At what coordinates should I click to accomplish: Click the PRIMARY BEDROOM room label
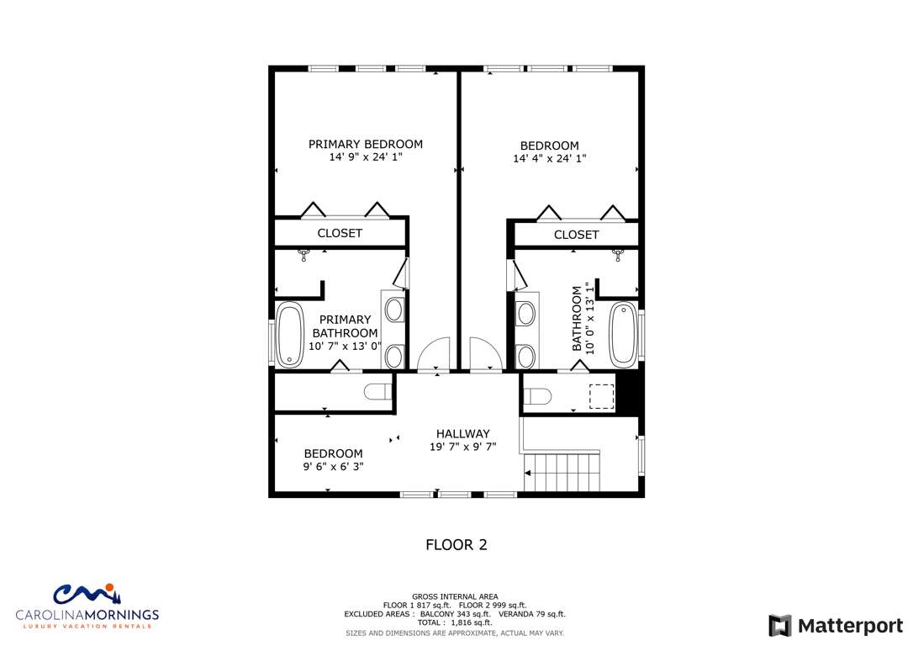(365, 144)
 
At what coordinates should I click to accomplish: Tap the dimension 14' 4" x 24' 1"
(549, 158)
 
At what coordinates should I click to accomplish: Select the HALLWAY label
(463, 433)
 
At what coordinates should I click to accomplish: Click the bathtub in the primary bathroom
(289, 335)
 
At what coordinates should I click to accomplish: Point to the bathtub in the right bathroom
(624, 335)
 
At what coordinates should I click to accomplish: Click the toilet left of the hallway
(378, 392)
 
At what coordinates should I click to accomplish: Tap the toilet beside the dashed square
(537, 396)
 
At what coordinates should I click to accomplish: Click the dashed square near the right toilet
(601, 396)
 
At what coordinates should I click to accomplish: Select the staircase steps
(562, 473)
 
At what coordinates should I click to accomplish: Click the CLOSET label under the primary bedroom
(340, 233)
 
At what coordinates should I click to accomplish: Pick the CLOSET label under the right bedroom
(576, 235)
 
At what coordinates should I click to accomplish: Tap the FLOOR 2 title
(456, 545)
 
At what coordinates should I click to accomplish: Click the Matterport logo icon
(780, 626)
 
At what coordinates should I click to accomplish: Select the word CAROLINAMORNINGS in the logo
(87, 615)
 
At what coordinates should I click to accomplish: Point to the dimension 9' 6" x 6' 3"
(333, 467)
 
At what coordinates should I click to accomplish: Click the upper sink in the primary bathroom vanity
(394, 310)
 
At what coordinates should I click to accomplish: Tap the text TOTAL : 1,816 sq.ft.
(455, 622)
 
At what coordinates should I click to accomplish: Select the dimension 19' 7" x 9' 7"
(463, 447)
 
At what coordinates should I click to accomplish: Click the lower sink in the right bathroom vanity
(525, 357)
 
